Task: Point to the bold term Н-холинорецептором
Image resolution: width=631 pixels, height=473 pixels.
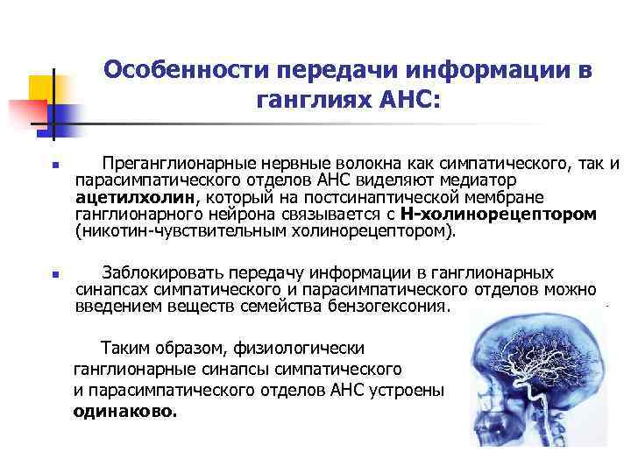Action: pos(498,213)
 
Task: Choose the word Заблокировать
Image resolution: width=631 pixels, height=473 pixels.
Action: pos(156,272)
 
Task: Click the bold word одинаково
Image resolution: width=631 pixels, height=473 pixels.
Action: pos(124,409)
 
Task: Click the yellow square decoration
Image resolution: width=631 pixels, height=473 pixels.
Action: pos(39,88)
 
